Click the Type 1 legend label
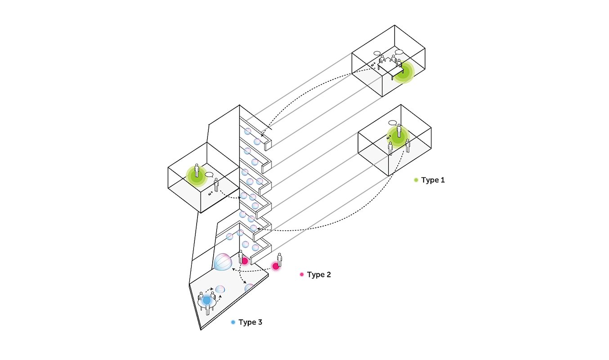(x=433, y=180)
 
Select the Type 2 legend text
(x=319, y=274)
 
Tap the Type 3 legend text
(x=250, y=322)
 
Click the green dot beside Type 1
(x=416, y=180)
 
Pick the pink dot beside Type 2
(x=302, y=274)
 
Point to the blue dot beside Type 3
(x=233, y=322)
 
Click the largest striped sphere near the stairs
(x=223, y=262)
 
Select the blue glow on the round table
(x=206, y=300)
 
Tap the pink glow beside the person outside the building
(x=276, y=266)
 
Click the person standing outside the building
(x=280, y=260)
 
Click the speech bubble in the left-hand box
(x=210, y=175)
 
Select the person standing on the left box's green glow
(x=197, y=170)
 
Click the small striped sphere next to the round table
(x=220, y=289)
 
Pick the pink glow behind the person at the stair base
(x=245, y=261)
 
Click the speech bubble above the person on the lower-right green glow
(x=393, y=123)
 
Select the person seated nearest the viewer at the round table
(x=207, y=309)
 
